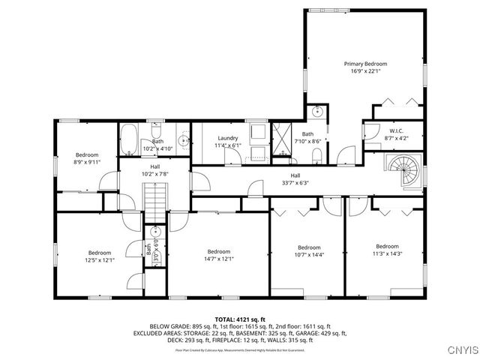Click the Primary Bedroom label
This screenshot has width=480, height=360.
[x=364, y=64]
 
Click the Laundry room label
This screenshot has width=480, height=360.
[x=228, y=138]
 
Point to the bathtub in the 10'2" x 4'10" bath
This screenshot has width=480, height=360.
[x=128, y=139]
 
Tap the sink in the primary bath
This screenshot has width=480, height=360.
[x=317, y=112]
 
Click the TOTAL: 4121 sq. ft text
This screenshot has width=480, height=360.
[x=240, y=319]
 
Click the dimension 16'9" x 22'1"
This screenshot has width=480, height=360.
[x=364, y=72]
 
